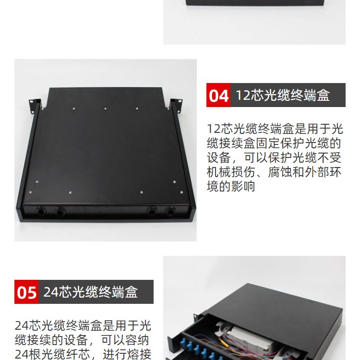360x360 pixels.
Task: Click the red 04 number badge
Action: (218, 95)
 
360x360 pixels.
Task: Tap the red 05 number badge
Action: (26, 292)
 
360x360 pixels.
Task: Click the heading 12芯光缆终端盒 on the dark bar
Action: (283, 95)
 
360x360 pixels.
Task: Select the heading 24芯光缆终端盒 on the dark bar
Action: (90, 292)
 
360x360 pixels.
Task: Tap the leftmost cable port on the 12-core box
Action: (41, 211)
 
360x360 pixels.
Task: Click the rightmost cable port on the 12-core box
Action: (170, 211)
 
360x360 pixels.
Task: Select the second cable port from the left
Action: (60, 211)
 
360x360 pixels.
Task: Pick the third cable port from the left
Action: (152, 211)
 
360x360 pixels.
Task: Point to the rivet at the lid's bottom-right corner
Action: (181, 192)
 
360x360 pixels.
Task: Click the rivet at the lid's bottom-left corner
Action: (30, 192)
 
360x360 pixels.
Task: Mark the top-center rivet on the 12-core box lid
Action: (106, 108)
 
